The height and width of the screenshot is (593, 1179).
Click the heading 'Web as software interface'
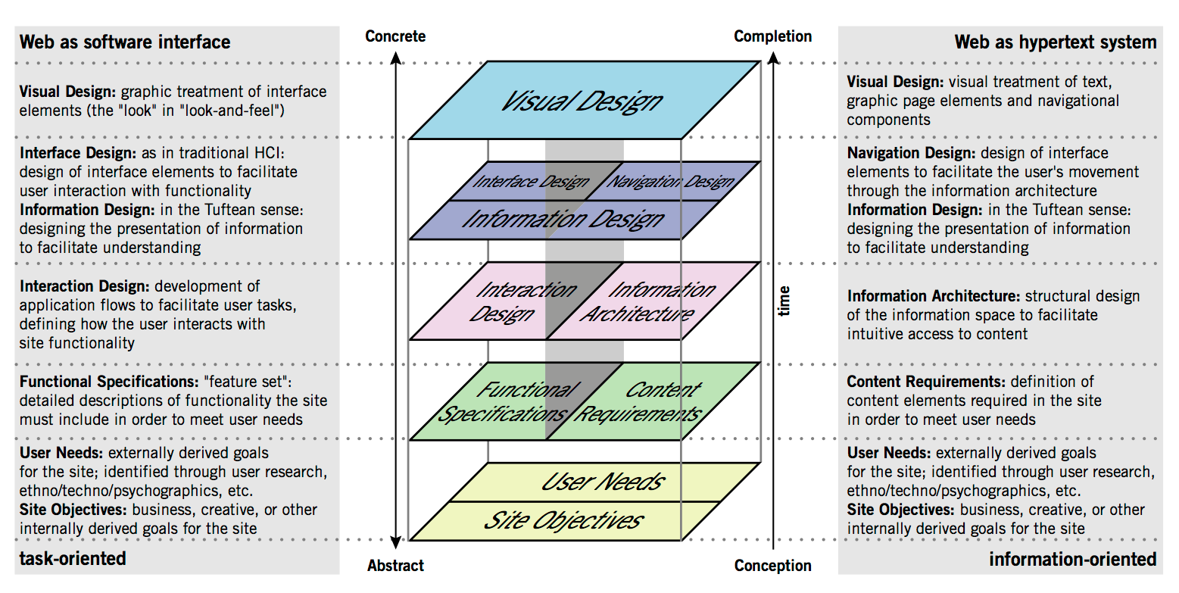tap(125, 42)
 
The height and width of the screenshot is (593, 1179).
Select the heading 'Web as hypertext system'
tap(1055, 42)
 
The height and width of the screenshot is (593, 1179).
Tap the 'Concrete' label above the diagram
tap(395, 36)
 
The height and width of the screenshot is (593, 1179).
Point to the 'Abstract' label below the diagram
tap(395, 565)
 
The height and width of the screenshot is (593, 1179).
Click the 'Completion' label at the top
tap(772, 36)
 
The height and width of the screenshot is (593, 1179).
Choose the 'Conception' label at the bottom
tap(772, 565)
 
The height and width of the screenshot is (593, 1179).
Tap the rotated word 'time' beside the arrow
tap(784, 301)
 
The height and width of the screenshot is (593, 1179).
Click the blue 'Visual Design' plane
tap(583, 101)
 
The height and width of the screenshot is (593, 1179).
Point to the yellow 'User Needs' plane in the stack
tap(602, 482)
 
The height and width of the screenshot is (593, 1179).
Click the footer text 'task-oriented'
tap(73, 559)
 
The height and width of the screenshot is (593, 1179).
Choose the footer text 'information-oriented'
tap(1072, 559)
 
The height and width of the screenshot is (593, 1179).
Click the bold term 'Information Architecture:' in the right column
tap(933, 296)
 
